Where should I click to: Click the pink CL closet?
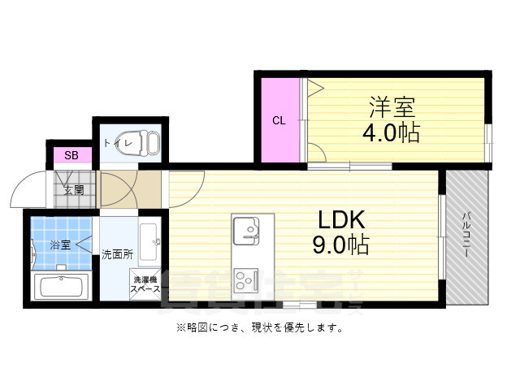[x=279, y=121]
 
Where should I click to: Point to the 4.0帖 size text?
[x=391, y=132]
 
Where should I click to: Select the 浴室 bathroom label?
[x=60, y=243]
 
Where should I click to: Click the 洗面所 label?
[x=117, y=253]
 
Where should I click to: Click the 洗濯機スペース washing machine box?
[x=146, y=284]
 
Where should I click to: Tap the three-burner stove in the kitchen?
[x=245, y=282]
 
